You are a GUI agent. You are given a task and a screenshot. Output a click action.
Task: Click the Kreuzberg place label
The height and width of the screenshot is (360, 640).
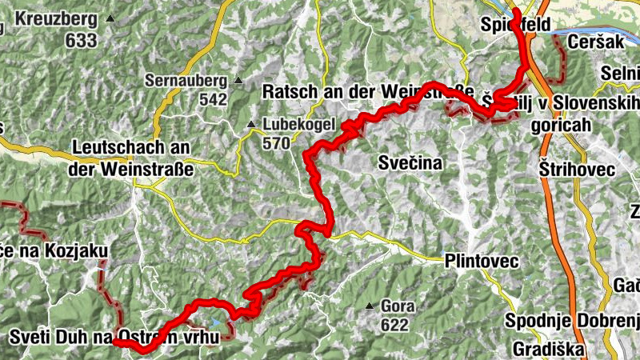[54, 18]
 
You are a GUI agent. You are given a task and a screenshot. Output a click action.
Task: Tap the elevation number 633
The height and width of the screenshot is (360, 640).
[81, 40]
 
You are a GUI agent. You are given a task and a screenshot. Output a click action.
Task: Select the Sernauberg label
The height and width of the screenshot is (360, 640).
[185, 80]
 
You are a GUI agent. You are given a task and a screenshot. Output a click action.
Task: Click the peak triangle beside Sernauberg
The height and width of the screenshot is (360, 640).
[238, 80]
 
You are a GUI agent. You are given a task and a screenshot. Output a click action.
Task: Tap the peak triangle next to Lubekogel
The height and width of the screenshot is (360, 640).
[252, 125]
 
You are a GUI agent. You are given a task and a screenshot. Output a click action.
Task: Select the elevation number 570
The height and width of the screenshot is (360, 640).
[277, 144]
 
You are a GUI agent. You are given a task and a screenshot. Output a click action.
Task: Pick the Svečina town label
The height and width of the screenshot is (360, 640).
[409, 163]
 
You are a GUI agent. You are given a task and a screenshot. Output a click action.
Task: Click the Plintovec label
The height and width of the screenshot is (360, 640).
[482, 262]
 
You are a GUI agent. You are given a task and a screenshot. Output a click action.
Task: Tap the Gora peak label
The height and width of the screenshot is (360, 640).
[398, 306]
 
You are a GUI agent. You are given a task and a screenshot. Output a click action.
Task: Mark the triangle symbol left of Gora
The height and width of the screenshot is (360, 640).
[370, 306]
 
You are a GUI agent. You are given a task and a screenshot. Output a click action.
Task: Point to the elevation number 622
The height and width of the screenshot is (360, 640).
[394, 325]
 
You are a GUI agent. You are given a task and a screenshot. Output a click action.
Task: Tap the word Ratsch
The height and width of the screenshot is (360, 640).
[286, 92]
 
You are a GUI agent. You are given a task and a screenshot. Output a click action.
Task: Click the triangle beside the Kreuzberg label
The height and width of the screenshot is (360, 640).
[110, 18]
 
